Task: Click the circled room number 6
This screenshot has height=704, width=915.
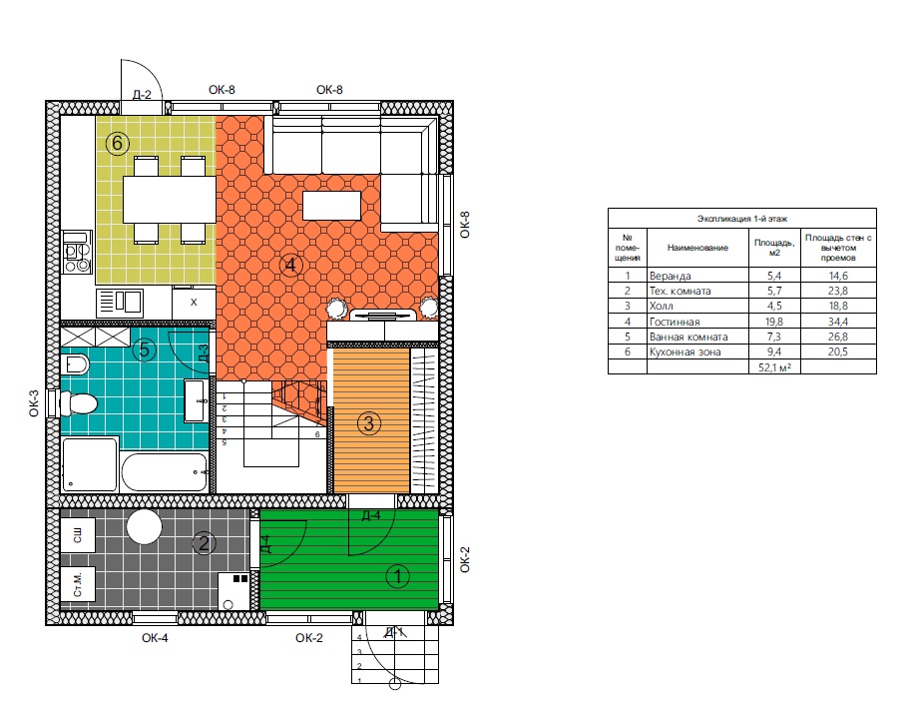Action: click(x=118, y=143)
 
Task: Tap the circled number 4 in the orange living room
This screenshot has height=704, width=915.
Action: click(x=290, y=266)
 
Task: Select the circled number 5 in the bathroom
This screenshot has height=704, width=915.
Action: click(x=144, y=350)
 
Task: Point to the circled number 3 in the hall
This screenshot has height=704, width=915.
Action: click(x=369, y=423)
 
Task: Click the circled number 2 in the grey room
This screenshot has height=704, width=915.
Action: click(x=204, y=543)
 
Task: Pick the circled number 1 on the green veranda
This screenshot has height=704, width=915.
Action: click(x=398, y=576)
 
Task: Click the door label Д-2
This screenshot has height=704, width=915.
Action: click(x=142, y=95)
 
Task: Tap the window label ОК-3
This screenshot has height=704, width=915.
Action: click(x=34, y=403)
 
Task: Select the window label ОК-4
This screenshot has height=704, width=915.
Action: click(x=155, y=638)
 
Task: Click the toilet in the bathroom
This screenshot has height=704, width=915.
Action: click(x=78, y=403)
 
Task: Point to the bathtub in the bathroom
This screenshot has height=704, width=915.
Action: click(x=165, y=471)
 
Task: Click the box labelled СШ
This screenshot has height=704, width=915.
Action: click(x=78, y=534)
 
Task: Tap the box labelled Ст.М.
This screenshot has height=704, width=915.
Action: click(x=78, y=584)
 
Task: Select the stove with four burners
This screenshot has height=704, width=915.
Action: click(x=77, y=252)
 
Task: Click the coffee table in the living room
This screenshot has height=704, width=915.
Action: click(x=331, y=206)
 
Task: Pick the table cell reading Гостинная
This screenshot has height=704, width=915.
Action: click(x=675, y=322)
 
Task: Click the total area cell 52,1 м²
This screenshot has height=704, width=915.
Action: click(x=774, y=367)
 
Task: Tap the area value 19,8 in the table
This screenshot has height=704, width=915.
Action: click(x=774, y=322)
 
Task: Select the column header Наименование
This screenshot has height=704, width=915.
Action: click(x=697, y=248)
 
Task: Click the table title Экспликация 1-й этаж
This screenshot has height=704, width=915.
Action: click(x=742, y=219)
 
